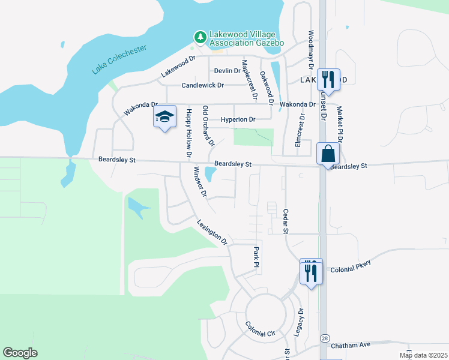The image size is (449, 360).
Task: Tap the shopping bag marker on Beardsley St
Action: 328,154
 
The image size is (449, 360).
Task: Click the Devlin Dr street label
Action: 227,71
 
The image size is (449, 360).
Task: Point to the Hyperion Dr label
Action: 238,119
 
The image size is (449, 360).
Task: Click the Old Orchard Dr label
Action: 208,126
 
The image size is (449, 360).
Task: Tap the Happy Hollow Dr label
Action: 188,133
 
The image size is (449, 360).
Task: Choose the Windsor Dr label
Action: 199,182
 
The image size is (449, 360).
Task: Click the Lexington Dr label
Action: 212,232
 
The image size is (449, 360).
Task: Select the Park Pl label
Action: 256,256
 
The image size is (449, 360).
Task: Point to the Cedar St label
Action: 286,221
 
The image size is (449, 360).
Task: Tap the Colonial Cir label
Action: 259,328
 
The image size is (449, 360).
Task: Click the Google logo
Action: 20,353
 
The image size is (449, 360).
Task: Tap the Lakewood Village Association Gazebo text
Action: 246,38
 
